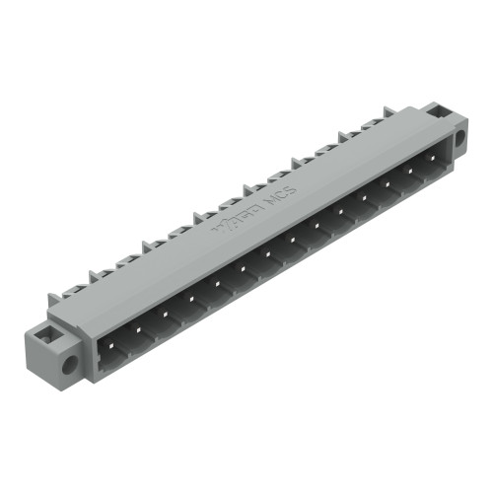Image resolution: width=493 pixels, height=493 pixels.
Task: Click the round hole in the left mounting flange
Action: pos(69,363)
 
